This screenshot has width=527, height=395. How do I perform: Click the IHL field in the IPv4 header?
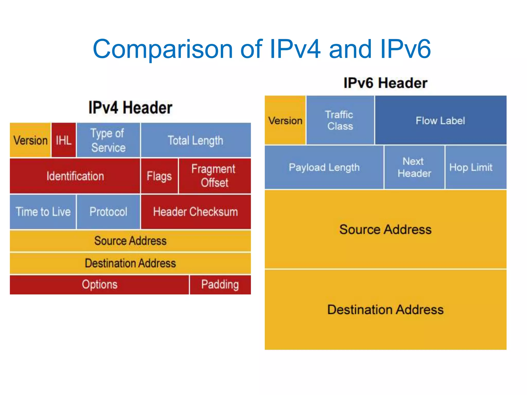(x=64, y=140)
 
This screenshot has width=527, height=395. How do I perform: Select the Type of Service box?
(x=108, y=140)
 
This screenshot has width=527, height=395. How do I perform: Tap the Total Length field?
(x=196, y=140)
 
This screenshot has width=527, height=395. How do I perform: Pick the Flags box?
(x=159, y=176)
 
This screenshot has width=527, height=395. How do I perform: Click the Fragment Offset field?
(x=214, y=176)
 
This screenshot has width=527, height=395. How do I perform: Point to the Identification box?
(x=75, y=176)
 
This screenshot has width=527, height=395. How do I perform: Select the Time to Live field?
(x=43, y=212)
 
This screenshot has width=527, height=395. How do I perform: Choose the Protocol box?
(x=108, y=212)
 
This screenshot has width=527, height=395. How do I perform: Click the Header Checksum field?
(x=196, y=212)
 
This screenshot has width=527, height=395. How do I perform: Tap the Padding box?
(x=220, y=285)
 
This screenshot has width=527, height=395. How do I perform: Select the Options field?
(x=100, y=285)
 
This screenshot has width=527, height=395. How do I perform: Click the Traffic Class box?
(x=340, y=120)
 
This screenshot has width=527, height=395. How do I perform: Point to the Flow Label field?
(x=440, y=120)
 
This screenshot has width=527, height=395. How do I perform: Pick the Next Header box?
(x=414, y=167)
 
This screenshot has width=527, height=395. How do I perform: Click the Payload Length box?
(x=324, y=167)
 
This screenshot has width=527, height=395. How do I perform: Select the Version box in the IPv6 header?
(x=285, y=120)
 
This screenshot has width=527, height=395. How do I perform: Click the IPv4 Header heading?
(x=130, y=107)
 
